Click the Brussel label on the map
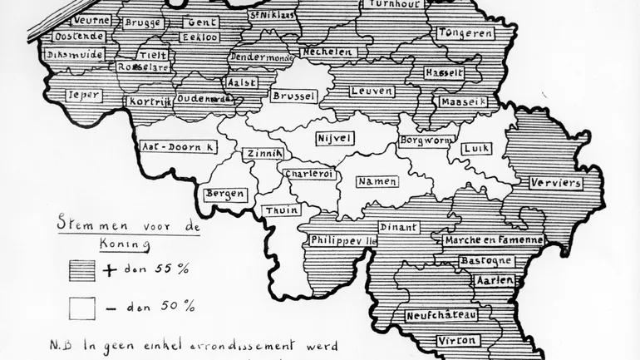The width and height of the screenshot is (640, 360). [294, 96]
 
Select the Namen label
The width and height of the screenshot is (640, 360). [377, 180]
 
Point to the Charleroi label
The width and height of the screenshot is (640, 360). [308, 174]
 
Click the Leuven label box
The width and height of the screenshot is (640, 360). [372, 91]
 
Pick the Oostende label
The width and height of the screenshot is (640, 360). [79, 37]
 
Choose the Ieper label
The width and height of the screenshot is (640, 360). [85, 95]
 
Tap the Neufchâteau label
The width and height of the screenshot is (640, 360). [441, 316]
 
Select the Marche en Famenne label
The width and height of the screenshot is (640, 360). [494, 240]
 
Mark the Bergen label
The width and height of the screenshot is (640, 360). [226, 195]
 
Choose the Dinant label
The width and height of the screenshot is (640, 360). [397, 226]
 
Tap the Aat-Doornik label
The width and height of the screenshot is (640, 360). [179, 145]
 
